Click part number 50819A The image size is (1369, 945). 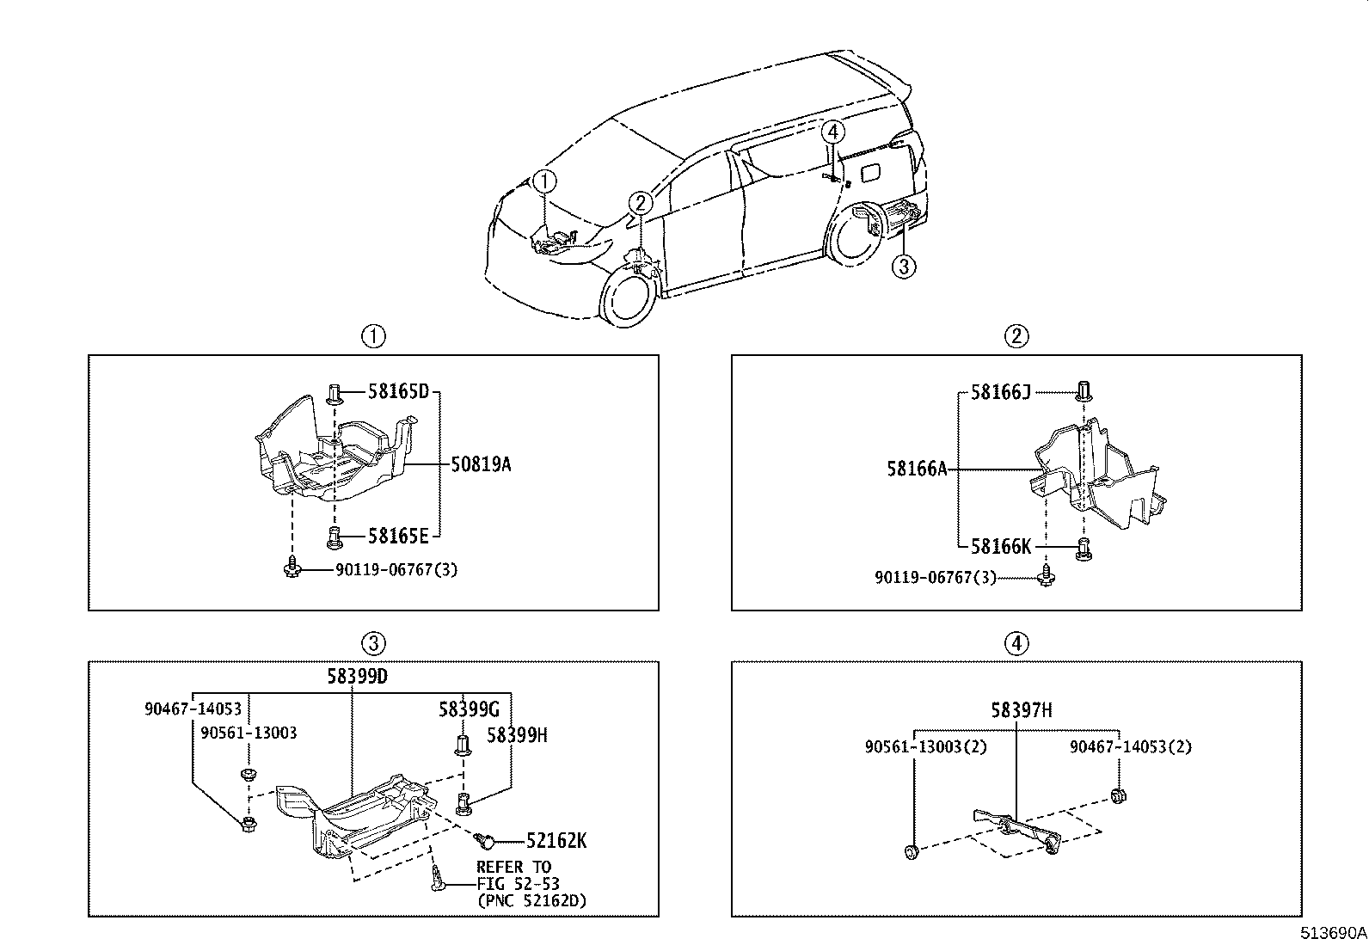[x=481, y=465]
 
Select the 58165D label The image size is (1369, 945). [x=397, y=392]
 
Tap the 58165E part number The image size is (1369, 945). [x=397, y=537]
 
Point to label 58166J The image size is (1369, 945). [x=1000, y=393]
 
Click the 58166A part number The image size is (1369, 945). [x=917, y=469]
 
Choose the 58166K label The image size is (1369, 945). [x=1001, y=546]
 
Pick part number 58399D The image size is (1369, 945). [x=357, y=676]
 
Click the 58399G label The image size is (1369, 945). [x=469, y=709]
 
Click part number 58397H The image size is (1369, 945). [x=1021, y=710]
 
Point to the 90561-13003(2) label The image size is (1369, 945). [x=925, y=747]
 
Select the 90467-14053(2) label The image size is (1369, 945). [x=1130, y=747]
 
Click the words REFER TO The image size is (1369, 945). [x=514, y=867]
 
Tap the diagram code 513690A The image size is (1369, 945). [x=1332, y=932]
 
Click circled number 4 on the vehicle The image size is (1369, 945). [x=832, y=132]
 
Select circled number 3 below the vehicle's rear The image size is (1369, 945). [x=902, y=267]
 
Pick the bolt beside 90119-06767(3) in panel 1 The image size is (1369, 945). [x=292, y=568]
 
